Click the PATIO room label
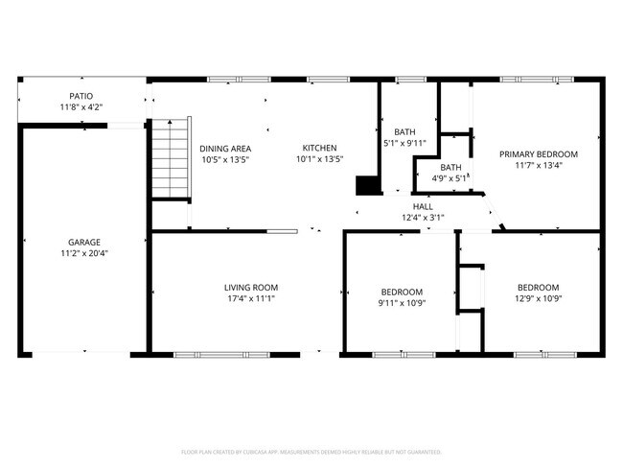(81, 96)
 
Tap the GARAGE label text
(84, 243)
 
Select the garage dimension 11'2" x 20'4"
(84, 255)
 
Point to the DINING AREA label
(225, 149)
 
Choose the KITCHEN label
(319, 148)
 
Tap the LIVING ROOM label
(251, 288)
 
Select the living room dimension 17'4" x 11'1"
(251, 299)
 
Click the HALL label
(423, 206)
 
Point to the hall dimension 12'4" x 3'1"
(423, 218)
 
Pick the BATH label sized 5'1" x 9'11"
(404, 132)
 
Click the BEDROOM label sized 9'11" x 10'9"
(402, 292)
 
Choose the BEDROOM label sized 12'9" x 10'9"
(538, 288)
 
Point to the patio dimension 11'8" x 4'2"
(81, 107)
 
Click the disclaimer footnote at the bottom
(311, 451)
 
